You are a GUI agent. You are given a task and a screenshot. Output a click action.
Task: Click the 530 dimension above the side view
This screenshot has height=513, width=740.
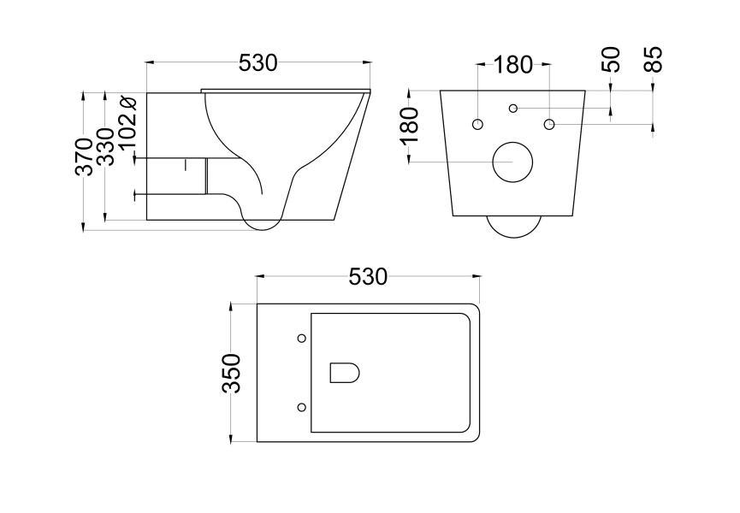point(258,62)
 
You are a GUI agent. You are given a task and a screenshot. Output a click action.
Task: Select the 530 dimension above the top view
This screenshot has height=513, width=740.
point(368,277)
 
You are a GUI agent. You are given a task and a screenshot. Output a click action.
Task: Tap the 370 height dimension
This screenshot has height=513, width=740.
point(84,156)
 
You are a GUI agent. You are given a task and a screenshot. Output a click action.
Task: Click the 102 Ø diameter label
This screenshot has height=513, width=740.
point(128,124)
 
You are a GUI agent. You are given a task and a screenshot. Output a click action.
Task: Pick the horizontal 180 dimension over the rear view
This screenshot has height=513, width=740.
point(513,64)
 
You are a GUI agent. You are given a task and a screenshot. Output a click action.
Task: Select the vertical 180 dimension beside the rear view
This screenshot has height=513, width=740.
point(410,125)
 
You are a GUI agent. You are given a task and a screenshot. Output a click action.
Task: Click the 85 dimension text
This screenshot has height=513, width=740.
point(654,60)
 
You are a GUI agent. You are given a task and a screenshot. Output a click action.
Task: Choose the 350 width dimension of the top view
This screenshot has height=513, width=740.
point(232,372)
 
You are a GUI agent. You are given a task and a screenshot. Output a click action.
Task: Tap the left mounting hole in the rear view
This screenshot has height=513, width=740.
point(477,125)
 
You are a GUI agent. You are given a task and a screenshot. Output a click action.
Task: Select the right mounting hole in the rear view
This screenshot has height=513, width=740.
point(548,125)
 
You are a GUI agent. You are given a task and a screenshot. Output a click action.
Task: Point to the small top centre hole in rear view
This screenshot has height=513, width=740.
point(513,108)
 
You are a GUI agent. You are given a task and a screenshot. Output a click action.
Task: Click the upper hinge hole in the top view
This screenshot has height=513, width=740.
point(300,339)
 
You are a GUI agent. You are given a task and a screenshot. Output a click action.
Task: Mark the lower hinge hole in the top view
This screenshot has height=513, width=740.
point(300,406)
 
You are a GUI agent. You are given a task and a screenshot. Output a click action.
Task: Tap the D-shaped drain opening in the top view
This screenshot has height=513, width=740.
point(344,372)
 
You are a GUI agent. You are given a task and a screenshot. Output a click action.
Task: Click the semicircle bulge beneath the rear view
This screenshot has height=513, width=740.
point(513,227)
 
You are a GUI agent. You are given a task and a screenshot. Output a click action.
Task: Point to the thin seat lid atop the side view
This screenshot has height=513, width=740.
point(287,90)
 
